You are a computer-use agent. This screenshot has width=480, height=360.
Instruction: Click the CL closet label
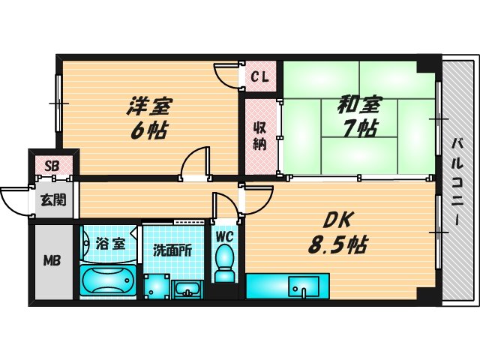click(259, 76)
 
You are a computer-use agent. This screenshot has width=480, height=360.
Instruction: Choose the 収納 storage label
click(259, 136)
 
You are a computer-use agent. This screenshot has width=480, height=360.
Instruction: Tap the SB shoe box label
click(52, 166)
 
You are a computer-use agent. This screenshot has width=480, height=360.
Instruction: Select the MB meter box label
click(52, 261)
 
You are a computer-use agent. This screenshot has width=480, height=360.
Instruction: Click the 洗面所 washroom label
click(173, 250)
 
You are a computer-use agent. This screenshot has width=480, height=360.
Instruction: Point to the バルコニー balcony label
click(455, 180)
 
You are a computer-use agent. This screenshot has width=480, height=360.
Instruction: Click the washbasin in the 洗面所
click(186, 288)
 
